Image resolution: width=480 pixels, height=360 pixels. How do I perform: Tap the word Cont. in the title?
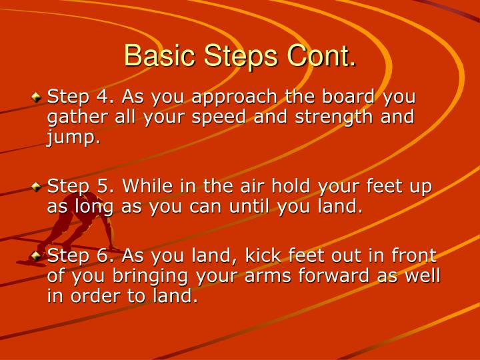(321, 56)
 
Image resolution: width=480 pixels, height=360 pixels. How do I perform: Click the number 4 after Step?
(101, 97)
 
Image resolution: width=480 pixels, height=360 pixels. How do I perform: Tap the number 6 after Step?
(101, 255)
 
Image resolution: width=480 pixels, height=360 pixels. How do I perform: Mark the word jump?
(73, 138)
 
